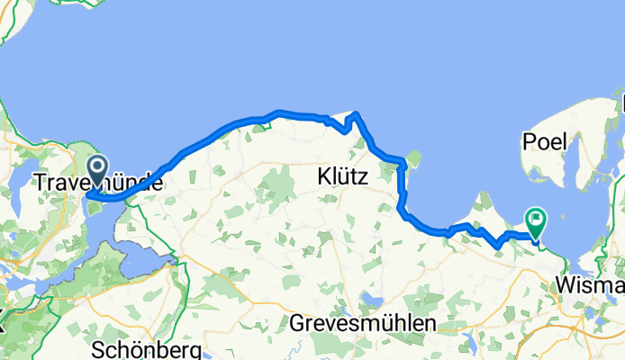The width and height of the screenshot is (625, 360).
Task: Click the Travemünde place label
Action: point(98,183)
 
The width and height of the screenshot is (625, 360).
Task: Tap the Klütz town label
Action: point(343,177)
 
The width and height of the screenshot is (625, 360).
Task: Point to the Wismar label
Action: point(591,285)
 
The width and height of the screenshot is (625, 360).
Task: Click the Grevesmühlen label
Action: point(364,322)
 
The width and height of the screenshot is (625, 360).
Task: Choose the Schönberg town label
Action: point(146,349)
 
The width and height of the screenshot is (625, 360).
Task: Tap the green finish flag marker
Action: point(537,219)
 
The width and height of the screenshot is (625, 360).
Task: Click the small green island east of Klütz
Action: point(414,159)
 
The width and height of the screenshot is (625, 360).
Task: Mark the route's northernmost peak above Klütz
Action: point(357,114)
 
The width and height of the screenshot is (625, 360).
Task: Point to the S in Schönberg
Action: point(99,349)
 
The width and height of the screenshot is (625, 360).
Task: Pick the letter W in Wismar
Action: point(567,285)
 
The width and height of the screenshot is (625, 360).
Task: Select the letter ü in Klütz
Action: point(346,177)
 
